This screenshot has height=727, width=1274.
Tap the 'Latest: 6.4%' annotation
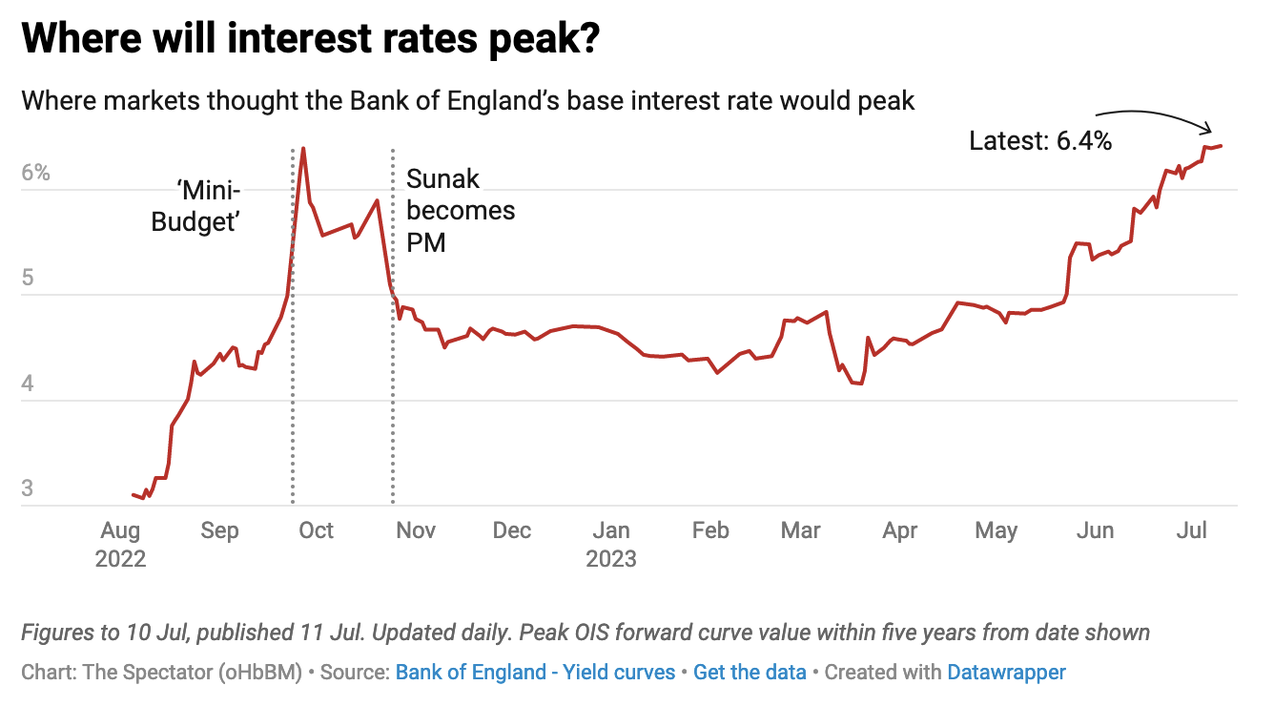[1039, 142]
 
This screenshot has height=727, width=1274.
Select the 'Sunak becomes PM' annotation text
[461, 210]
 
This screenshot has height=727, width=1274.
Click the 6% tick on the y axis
[35, 175]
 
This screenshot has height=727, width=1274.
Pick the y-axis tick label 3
[28, 489]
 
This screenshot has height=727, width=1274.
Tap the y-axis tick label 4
[28, 384]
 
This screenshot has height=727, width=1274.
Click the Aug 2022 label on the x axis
[120, 544]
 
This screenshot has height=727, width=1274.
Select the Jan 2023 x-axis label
[611, 544]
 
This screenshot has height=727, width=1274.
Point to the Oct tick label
[316, 530]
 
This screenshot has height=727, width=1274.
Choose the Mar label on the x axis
[800, 530]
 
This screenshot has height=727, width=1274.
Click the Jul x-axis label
[1193, 530]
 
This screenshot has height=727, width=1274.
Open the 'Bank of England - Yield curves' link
[535, 672]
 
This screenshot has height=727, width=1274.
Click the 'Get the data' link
[750, 672]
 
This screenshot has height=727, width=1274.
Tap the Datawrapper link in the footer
[1006, 672]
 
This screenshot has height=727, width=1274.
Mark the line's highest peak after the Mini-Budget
[303, 148]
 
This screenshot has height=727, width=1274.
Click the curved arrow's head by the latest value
[1210, 131]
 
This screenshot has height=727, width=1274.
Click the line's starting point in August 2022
[133, 494]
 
